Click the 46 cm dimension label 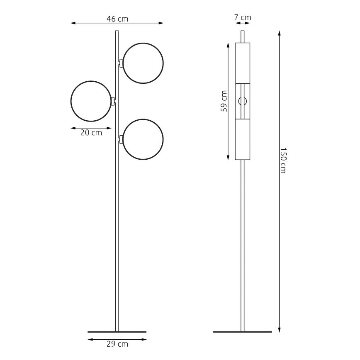click(117, 19)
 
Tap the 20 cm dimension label click(91, 133)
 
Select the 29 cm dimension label click(117, 344)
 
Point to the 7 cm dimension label click(243, 17)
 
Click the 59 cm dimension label click(224, 101)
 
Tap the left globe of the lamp click(91, 101)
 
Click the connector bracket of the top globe click(121, 63)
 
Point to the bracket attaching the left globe click(112, 100)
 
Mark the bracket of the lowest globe click(121, 139)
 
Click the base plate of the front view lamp click(117, 332)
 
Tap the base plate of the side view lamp click(243, 332)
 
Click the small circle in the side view click(243, 101)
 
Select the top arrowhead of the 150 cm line click(280, 33)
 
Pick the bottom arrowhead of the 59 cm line click(228, 158)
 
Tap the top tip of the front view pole click(117, 31)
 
